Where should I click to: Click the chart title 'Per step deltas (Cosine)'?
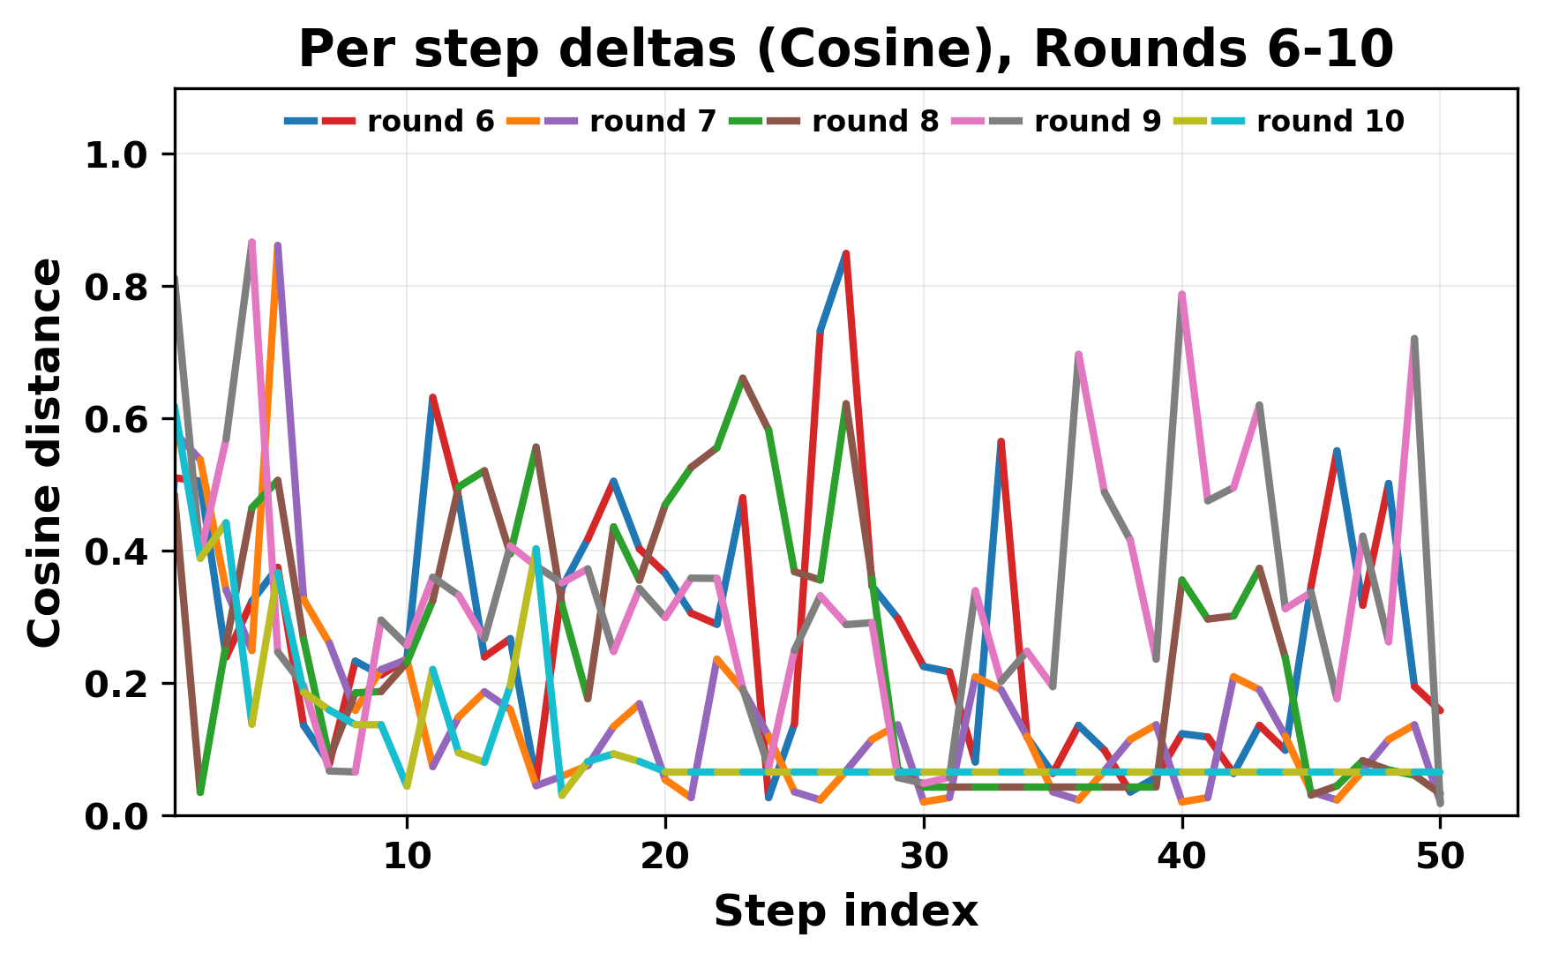pyautogui.click(x=845, y=49)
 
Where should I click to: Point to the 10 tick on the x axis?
pyautogui.click(x=407, y=856)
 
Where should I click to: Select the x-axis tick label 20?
pyautogui.click(x=665, y=856)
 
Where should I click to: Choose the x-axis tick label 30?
pyautogui.click(x=924, y=856)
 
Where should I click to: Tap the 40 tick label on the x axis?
pyautogui.click(x=1182, y=856)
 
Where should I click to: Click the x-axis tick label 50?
pyautogui.click(x=1440, y=856)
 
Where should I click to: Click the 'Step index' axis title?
pyautogui.click(x=845, y=911)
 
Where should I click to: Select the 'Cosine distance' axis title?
pyautogui.click(x=46, y=452)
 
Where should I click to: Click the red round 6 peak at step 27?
pyautogui.click(x=846, y=254)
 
